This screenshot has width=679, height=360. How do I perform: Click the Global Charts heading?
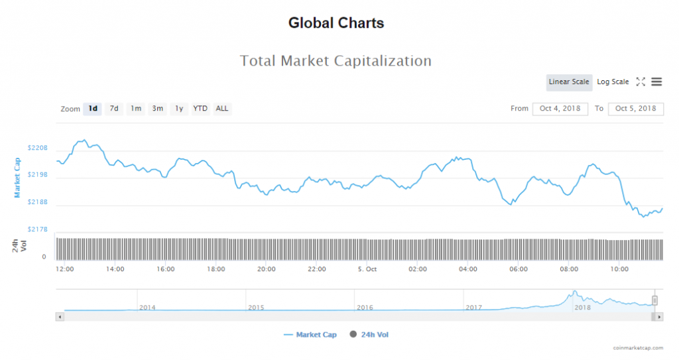(x=336, y=23)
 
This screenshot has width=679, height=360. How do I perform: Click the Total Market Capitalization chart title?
(x=336, y=61)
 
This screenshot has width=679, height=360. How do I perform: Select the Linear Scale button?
(x=569, y=82)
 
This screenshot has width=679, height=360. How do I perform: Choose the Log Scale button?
(x=613, y=82)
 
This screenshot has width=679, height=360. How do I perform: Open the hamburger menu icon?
(x=656, y=82)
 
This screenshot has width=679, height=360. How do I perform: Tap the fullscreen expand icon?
(x=641, y=82)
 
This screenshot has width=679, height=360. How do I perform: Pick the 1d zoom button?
(x=93, y=109)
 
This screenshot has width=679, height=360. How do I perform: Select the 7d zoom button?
(x=114, y=109)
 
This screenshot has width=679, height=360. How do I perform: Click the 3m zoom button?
(x=157, y=109)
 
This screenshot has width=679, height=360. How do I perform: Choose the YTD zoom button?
(x=200, y=109)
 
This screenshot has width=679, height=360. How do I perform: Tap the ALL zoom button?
(x=222, y=109)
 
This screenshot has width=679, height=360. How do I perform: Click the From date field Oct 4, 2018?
(x=560, y=109)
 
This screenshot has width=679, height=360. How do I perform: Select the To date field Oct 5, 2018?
(x=635, y=109)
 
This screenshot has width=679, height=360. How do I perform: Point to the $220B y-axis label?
(x=38, y=148)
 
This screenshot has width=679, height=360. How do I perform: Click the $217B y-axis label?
(x=38, y=229)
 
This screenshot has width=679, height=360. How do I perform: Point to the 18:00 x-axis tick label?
(x=216, y=269)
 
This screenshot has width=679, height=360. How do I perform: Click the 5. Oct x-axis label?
(x=367, y=269)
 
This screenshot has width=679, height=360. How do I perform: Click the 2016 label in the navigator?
(x=365, y=308)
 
